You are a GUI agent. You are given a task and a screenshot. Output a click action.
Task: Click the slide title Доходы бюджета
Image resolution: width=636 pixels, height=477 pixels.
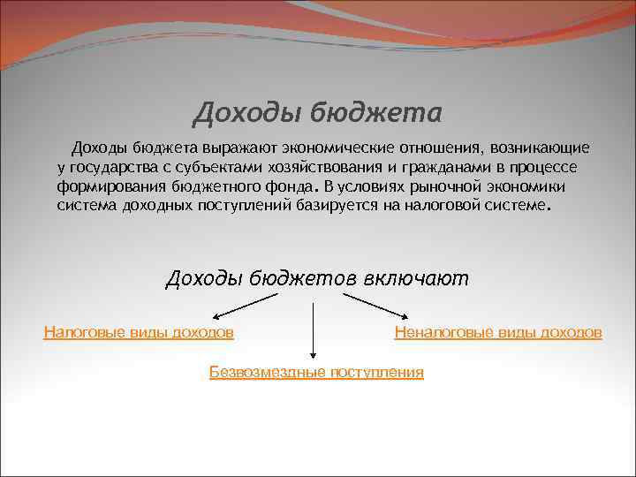click(317, 113)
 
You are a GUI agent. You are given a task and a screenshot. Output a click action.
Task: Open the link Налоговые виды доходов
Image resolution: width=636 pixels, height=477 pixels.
click(139, 333)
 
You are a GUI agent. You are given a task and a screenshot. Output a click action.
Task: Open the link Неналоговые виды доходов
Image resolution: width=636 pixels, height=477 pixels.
click(498, 333)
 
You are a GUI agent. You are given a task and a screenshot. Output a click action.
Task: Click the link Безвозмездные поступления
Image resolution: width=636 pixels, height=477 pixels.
click(316, 373)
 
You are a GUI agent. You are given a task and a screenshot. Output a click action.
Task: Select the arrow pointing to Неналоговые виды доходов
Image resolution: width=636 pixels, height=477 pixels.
click(375, 306)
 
